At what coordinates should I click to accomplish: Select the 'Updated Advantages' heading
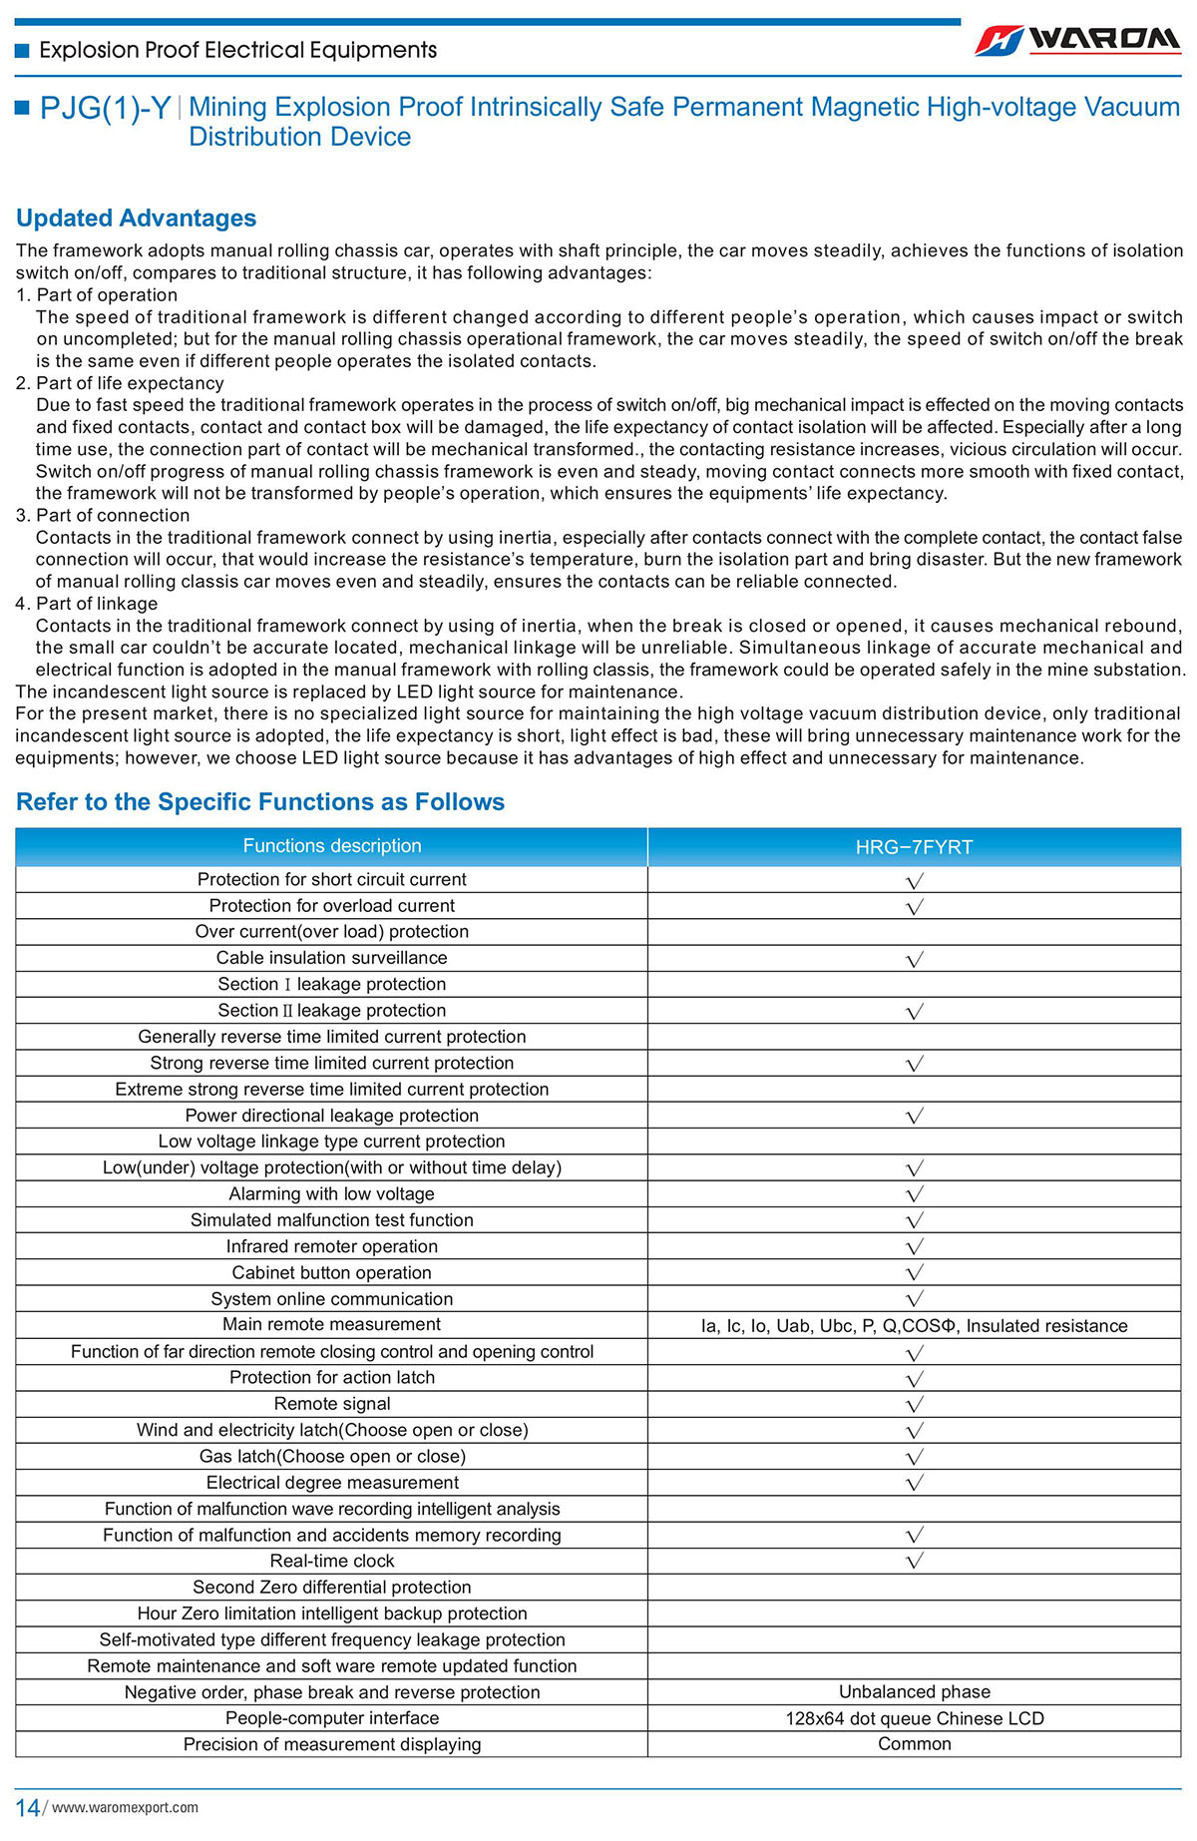click(x=136, y=218)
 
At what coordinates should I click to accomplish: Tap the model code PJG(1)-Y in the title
click(x=105, y=109)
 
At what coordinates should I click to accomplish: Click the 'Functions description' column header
click(x=331, y=846)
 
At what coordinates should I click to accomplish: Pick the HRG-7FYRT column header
click(x=914, y=847)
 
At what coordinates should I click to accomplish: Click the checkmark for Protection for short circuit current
click(x=914, y=880)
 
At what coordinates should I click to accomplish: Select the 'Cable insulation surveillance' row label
click(x=331, y=958)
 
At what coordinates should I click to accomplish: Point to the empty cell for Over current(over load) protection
click(x=914, y=932)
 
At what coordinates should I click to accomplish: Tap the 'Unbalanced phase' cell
click(x=914, y=1692)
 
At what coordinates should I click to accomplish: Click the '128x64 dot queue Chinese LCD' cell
click(x=914, y=1718)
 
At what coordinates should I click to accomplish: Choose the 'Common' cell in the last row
click(x=914, y=1744)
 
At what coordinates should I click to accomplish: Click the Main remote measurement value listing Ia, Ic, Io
click(x=914, y=1326)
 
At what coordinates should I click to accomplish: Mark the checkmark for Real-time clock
click(x=914, y=1561)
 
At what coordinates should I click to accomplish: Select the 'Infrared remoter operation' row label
click(x=331, y=1246)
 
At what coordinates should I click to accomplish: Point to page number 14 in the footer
click(x=27, y=1808)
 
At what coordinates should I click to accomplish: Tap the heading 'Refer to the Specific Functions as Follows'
click(x=260, y=802)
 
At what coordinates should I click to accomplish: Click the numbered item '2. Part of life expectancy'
click(x=120, y=383)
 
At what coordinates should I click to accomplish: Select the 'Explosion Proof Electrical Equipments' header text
click(x=237, y=50)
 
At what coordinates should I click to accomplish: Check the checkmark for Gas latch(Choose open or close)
click(x=914, y=1457)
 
